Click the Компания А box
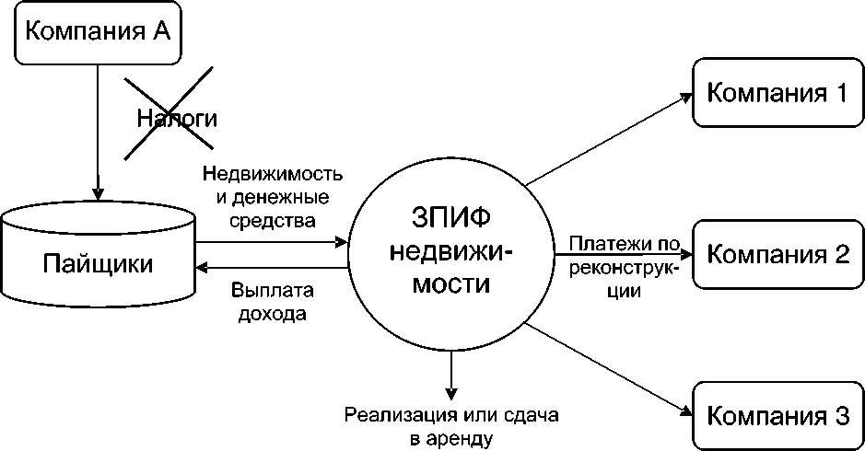tap(98, 31)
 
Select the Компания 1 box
tap(777, 93)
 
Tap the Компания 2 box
tap(777, 253)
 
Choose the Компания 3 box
tap(777, 415)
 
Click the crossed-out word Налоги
tap(177, 118)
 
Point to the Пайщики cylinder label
tap(99, 264)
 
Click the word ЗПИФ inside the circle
tap(450, 220)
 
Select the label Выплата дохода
tap(273, 302)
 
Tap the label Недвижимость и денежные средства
tap(274, 196)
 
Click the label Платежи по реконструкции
tap(624, 267)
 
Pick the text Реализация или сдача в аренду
tap(451, 426)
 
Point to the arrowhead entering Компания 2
tap(686, 252)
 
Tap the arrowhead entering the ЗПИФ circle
tap(342, 243)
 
